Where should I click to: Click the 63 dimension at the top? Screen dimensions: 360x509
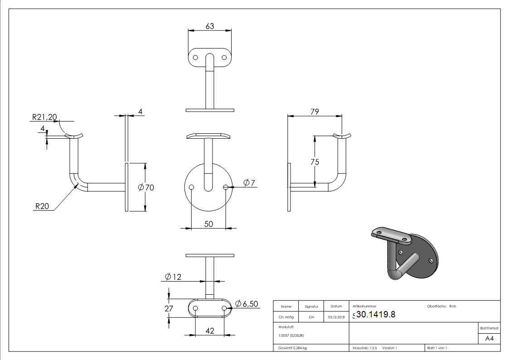210,26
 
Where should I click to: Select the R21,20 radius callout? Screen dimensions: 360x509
44,117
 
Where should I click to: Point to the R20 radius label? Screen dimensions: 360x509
43,206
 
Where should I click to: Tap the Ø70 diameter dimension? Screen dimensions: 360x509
146,187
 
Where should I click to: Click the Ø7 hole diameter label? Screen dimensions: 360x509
249,183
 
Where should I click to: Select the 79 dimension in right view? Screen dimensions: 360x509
315,111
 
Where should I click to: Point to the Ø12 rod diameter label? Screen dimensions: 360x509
173,277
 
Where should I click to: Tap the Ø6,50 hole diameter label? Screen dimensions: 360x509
247,304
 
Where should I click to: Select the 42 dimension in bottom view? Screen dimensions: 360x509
210,331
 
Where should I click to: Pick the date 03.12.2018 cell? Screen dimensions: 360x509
335,317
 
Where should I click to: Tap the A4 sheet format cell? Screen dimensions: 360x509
489,339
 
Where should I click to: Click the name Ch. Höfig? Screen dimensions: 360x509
286,317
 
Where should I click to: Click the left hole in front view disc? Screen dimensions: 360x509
192,187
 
